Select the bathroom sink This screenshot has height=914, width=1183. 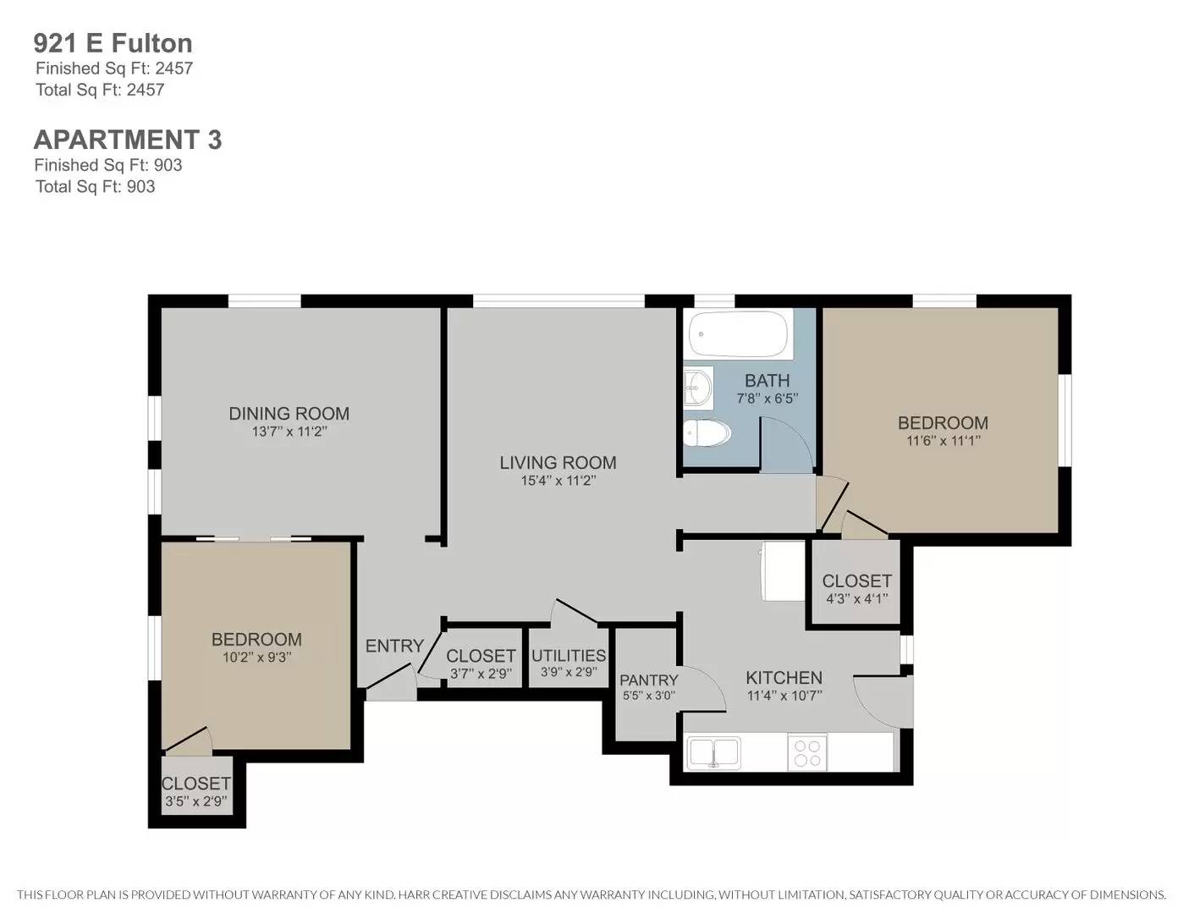pyautogui.click(x=698, y=388)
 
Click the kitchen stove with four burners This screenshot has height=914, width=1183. pyautogui.click(x=807, y=752)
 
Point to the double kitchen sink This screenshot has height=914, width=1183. pyautogui.click(x=713, y=752)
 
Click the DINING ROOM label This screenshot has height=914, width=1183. pyautogui.click(x=289, y=414)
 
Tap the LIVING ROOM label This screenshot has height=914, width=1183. pyautogui.click(x=558, y=463)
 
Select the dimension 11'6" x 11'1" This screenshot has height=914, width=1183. pyautogui.click(x=943, y=441)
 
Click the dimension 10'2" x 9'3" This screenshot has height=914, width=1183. pyautogui.click(x=256, y=657)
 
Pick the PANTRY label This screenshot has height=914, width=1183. pyautogui.click(x=648, y=680)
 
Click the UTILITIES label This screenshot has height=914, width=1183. pyautogui.click(x=569, y=656)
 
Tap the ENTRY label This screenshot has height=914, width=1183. pyautogui.click(x=394, y=647)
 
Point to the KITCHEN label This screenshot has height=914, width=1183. pyautogui.click(x=784, y=678)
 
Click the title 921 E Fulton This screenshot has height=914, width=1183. pyautogui.click(x=113, y=43)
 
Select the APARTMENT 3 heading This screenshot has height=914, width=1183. pyautogui.click(x=128, y=140)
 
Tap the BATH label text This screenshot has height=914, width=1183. pyautogui.click(x=767, y=381)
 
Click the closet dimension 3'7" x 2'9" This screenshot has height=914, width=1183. pyautogui.click(x=481, y=674)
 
